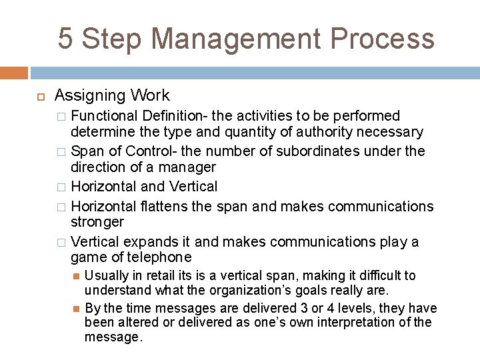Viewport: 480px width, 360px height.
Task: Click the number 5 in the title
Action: pyautogui.click(x=66, y=39)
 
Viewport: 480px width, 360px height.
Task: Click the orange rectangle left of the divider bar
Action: pyautogui.click(x=14, y=73)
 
